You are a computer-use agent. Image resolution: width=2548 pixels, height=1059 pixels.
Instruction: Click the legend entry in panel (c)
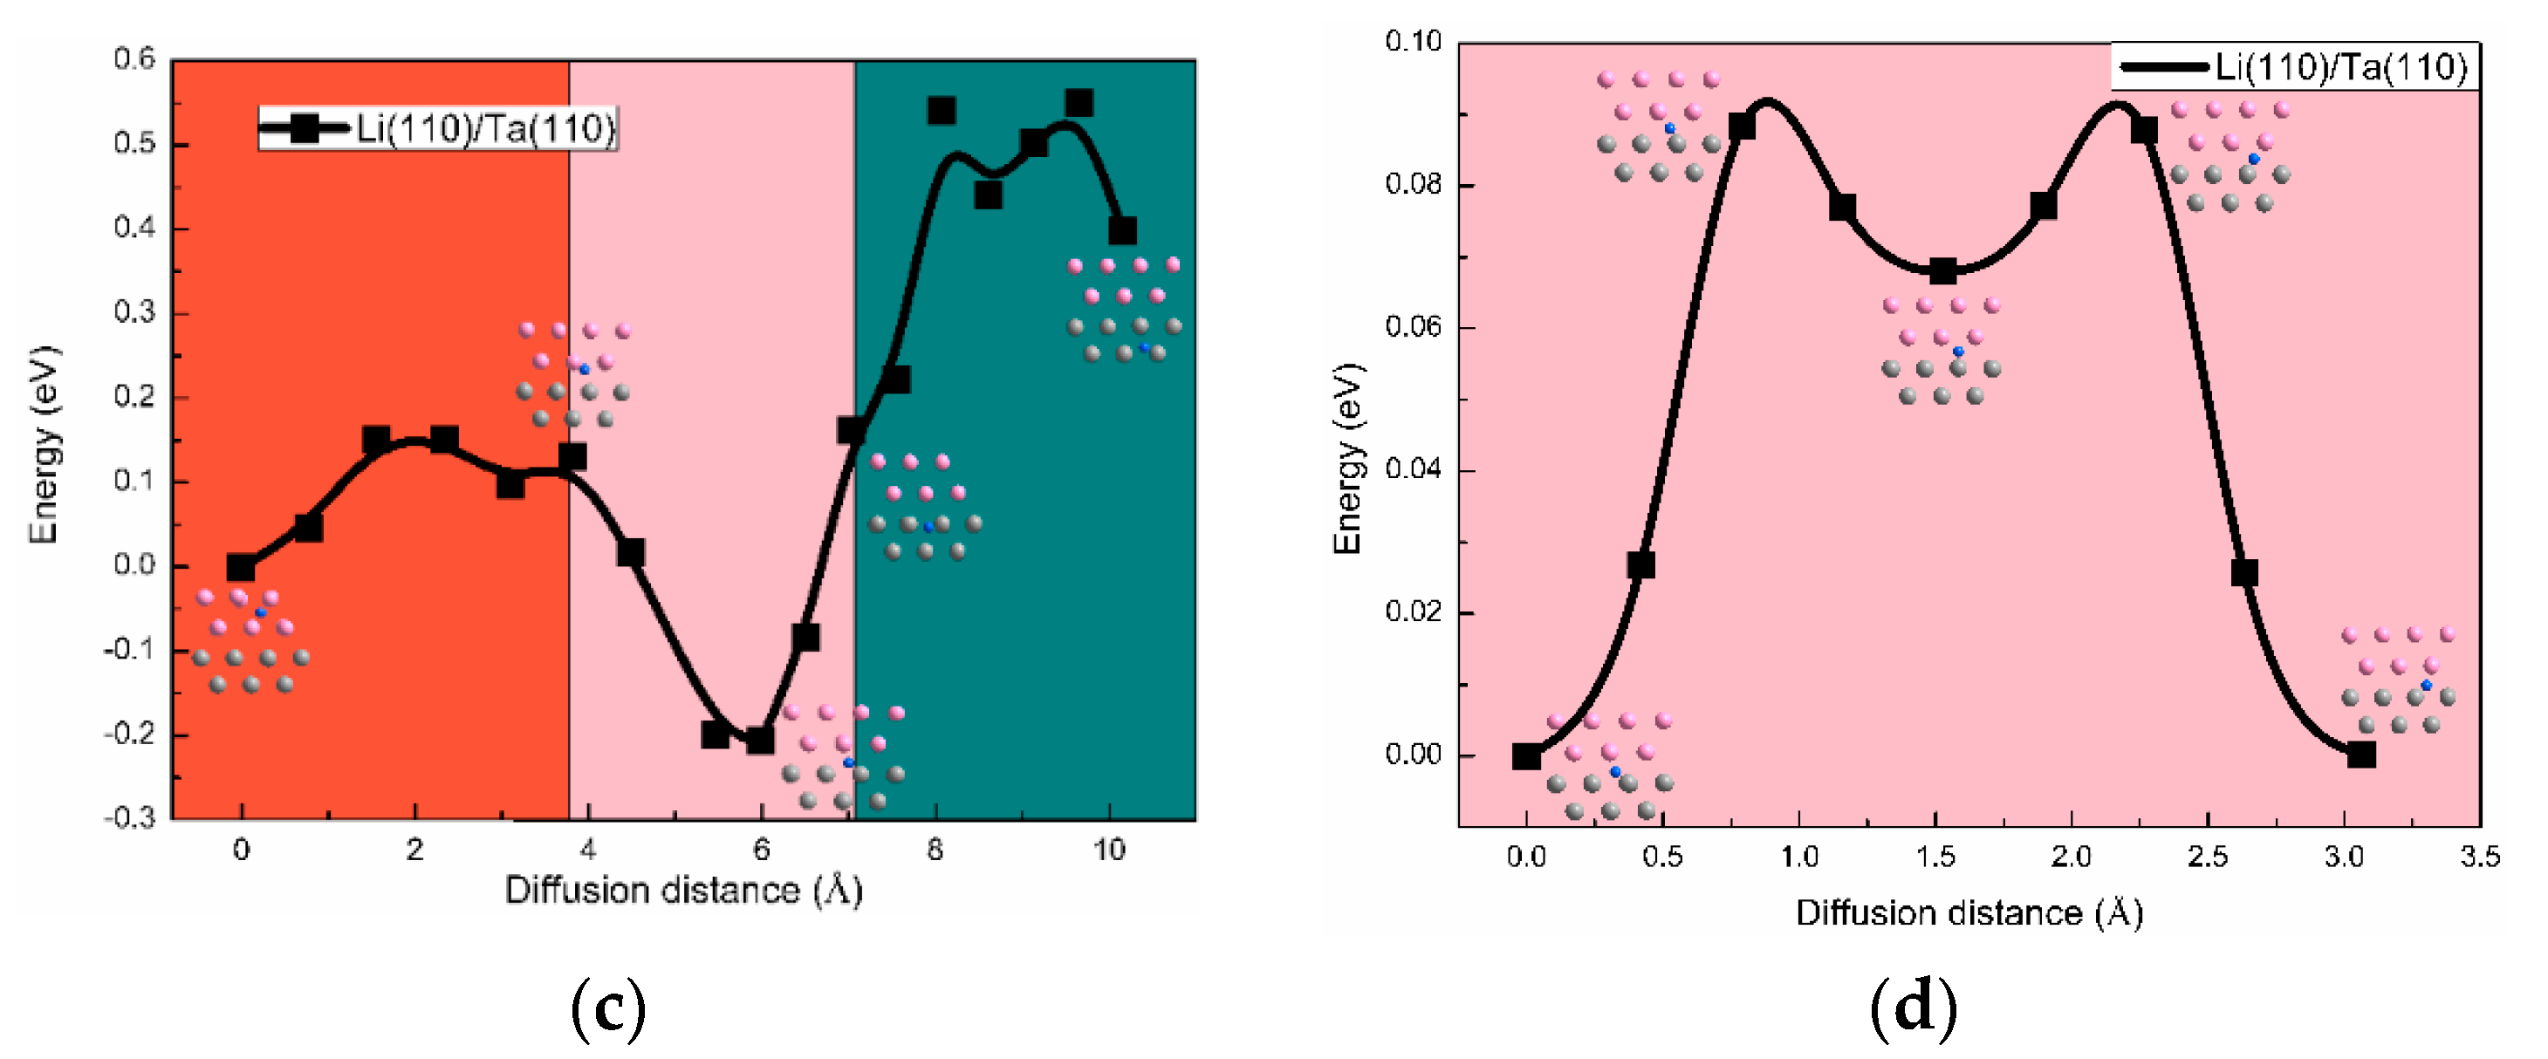pyautogui.click(x=438, y=128)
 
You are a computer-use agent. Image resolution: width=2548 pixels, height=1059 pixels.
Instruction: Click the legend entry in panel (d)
pyautogui.click(x=2294, y=67)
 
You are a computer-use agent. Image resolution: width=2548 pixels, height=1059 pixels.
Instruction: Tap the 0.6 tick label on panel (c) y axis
pyautogui.click(x=134, y=59)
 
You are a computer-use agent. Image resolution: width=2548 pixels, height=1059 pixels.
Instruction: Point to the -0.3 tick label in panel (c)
pyautogui.click(x=131, y=817)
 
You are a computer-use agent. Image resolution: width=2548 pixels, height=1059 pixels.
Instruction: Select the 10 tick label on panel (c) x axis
pyautogui.click(x=1109, y=850)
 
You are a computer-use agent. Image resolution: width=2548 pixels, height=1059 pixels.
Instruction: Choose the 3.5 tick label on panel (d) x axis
pyautogui.click(x=2479, y=857)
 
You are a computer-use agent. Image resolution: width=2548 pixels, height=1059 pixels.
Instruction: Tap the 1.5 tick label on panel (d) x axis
pyautogui.click(x=1935, y=857)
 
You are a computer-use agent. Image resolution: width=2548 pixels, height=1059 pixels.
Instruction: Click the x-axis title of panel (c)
pyautogui.click(x=683, y=890)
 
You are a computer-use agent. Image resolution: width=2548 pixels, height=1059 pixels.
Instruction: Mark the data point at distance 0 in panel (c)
pyautogui.click(x=240, y=568)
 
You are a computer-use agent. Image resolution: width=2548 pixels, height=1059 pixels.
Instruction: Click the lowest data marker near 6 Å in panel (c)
pyautogui.click(x=760, y=740)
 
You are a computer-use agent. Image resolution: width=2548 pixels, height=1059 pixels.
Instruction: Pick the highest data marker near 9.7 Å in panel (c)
pyautogui.click(x=1079, y=103)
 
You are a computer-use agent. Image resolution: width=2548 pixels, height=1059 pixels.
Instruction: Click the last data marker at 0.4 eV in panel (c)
pyautogui.click(x=1121, y=231)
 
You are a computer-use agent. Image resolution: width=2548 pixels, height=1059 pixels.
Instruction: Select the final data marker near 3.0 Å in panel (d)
pyautogui.click(x=2360, y=755)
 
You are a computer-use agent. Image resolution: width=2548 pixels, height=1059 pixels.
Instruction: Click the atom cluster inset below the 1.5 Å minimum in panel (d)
pyautogui.click(x=1940, y=351)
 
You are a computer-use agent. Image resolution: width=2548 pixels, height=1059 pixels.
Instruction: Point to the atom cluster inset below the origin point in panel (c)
pyautogui.click(x=250, y=641)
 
